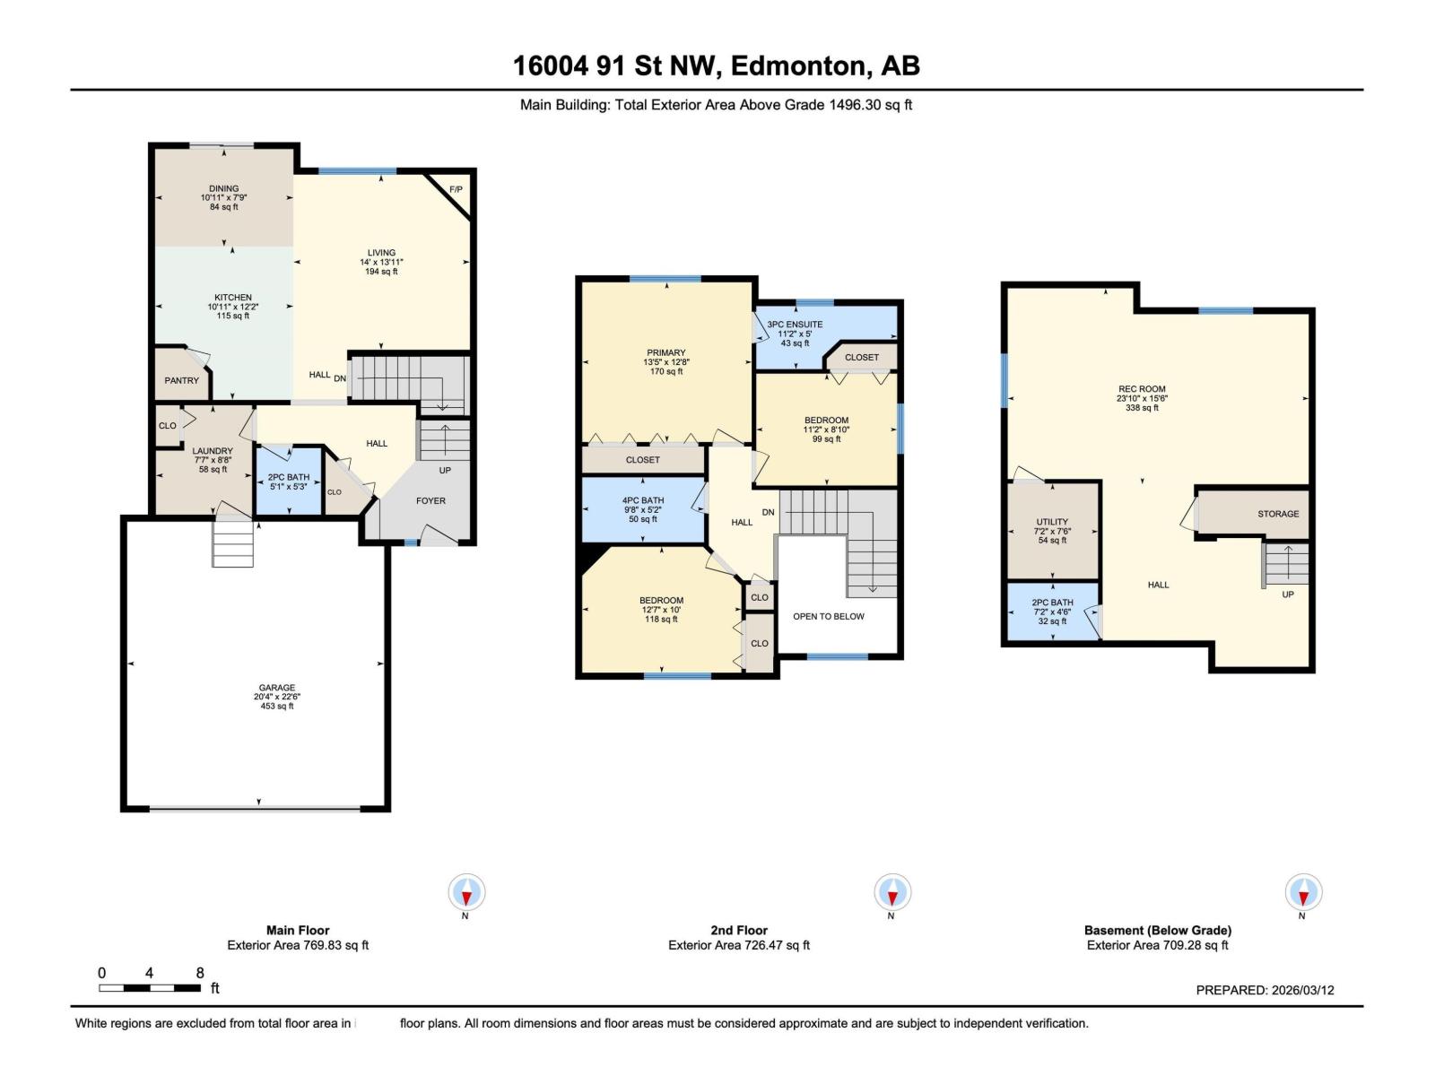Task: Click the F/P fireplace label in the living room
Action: point(456,189)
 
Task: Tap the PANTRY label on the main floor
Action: point(182,380)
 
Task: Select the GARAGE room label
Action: point(277,687)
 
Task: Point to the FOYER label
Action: point(430,500)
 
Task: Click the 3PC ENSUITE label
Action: point(795,324)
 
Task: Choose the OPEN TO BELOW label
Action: point(829,616)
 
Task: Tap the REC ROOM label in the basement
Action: point(1142,389)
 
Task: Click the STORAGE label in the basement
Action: point(1278,514)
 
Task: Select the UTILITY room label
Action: point(1052,521)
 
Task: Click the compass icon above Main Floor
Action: point(466,892)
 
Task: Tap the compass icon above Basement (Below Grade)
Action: point(1303,892)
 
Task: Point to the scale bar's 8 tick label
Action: point(200,973)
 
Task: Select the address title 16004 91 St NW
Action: point(616,66)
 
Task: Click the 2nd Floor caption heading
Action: point(739,930)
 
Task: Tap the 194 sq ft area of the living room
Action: point(381,271)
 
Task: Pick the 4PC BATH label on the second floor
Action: point(643,500)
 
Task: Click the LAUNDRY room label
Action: point(213,451)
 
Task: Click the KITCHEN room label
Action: point(232,298)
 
